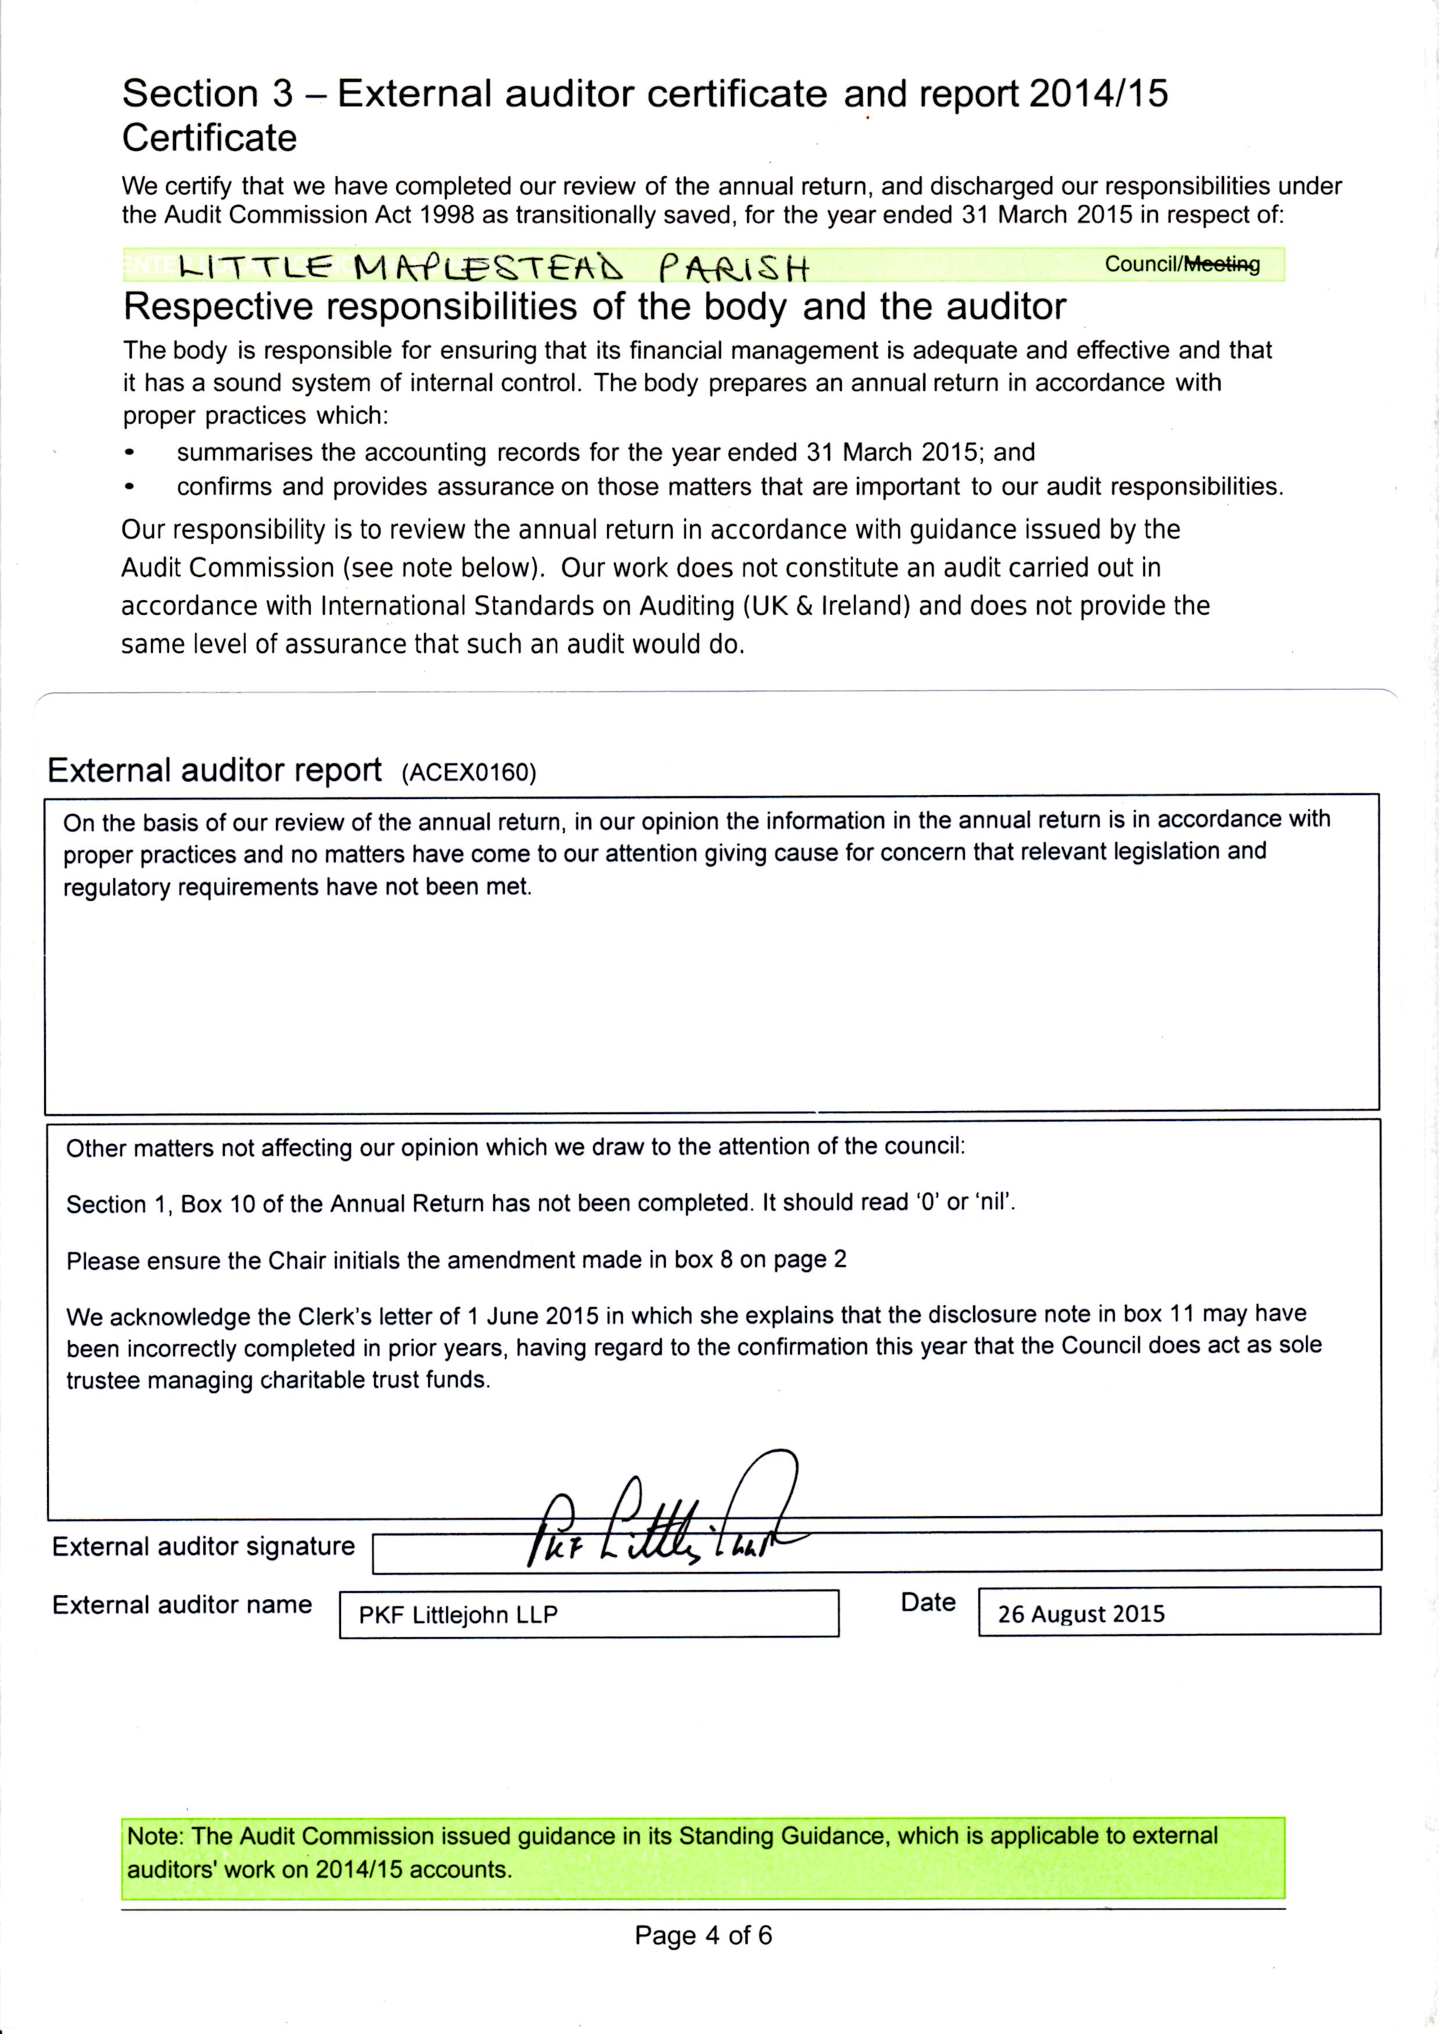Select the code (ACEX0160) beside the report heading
coord(469,773)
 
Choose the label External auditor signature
coord(203,1546)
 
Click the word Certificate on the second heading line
coord(209,138)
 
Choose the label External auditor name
coord(182,1605)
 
